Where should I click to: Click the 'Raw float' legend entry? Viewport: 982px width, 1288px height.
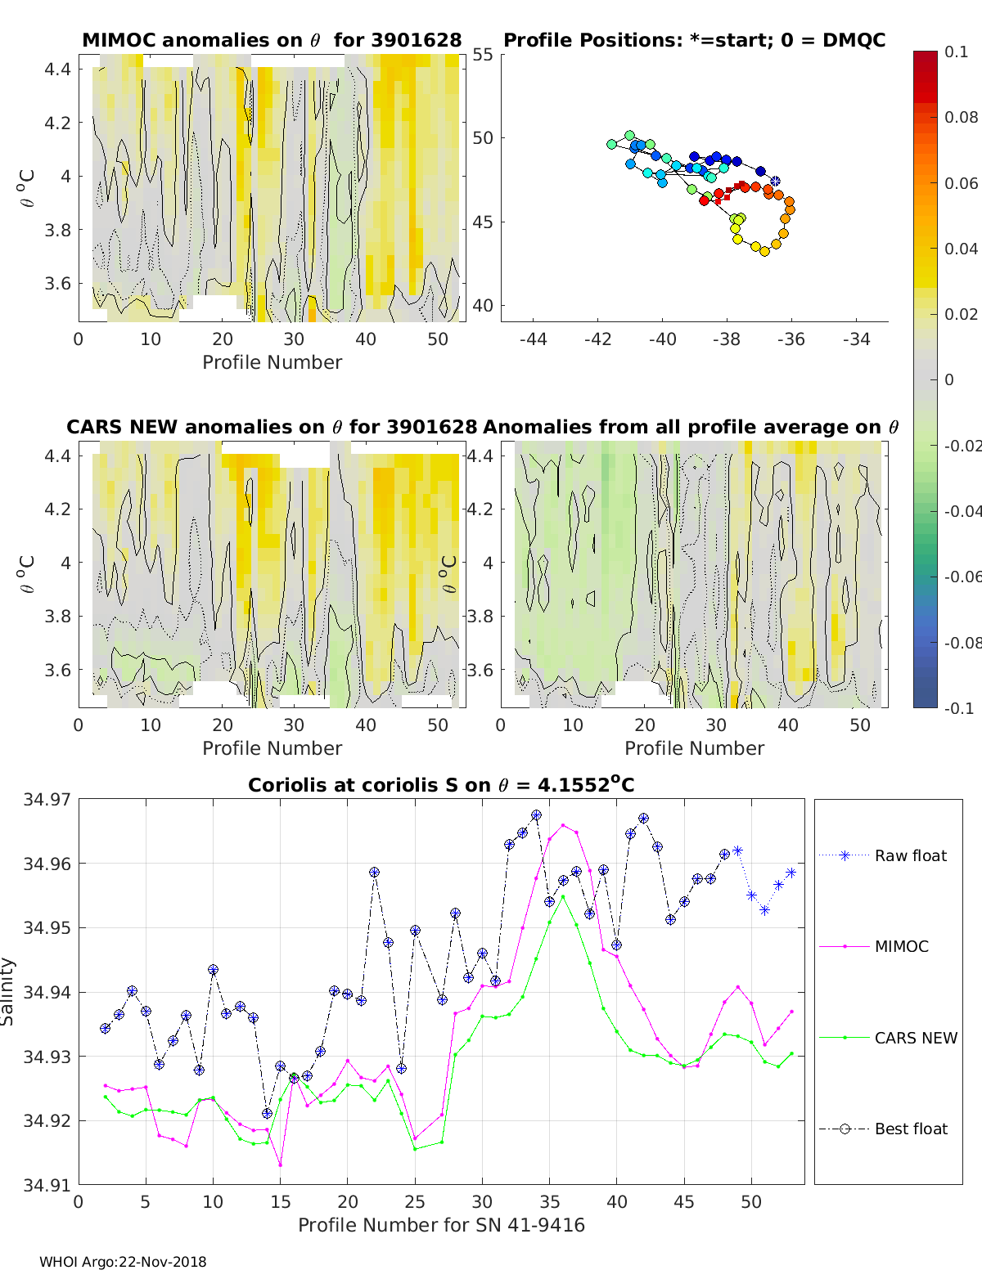pyautogui.click(x=883, y=855)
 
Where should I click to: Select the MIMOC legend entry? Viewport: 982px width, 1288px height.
pyautogui.click(x=874, y=946)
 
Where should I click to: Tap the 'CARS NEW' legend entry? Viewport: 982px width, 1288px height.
pyautogui.click(x=888, y=1038)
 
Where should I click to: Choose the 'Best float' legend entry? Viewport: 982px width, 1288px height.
pyautogui.click(x=883, y=1129)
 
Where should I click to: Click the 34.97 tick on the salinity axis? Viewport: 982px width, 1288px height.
pyautogui.click(x=47, y=800)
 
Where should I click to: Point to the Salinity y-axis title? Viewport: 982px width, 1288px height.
pyautogui.click(x=7, y=992)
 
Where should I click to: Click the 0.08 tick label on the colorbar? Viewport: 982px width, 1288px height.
pyautogui.click(x=961, y=118)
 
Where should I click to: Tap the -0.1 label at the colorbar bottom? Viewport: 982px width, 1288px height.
pyautogui.click(x=959, y=708)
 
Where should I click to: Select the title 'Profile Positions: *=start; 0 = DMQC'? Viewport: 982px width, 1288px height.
pyautogui.click(x=695, y=40)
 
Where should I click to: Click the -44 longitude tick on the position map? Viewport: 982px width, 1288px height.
pyautogui.click(x=533, y=339)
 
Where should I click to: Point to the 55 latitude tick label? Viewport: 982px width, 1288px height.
pyautogui.click(x=483, y=55)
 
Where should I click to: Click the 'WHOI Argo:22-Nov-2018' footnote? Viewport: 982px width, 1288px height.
pyautogui.click(x=123, y=1262)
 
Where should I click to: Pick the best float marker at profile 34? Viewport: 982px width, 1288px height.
pyautogui.click(x=536, y=815)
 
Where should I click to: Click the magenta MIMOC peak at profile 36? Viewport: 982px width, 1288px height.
pyautogui.click(x=563, y=825)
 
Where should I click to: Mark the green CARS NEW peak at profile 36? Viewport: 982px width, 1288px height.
pyautogui.click(x=563, y=896)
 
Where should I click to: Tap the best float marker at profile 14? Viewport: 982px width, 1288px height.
pyautogui.click(x=267, y=1113)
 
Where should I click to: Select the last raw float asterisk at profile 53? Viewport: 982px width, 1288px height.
pyautogui.click(x=791, y=873)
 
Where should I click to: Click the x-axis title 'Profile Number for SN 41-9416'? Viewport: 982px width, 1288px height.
pyautogui.click(x=441, y=1225)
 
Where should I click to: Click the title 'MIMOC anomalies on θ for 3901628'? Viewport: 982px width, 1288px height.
pyautogui.click(x=272, y=40)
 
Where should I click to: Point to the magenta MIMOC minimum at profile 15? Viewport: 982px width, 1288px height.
pyautogui.click(x=281, y=1165)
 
